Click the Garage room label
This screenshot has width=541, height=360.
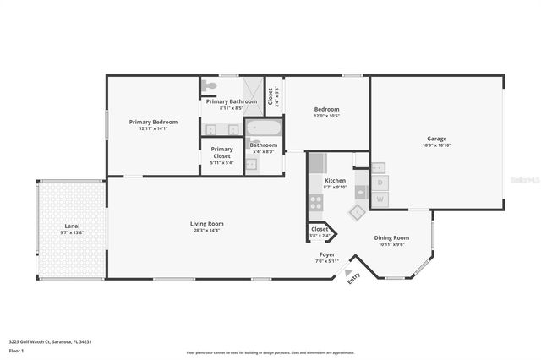pos(436,139)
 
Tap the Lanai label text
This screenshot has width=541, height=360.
pos(72,226)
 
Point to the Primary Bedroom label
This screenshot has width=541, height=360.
pos(153,123)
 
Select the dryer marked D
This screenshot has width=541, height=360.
pos(380,183)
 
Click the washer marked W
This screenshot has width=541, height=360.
pos(380,199)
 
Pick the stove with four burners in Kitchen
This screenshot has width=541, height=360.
pos(316,202)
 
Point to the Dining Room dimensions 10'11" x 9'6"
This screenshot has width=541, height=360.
pos(391,244)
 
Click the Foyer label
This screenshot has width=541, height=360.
pos(327,254)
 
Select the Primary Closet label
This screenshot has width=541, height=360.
pos(221,152)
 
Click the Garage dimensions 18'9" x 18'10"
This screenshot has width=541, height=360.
pos(436,145)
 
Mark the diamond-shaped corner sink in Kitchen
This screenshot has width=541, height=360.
pos(358,213)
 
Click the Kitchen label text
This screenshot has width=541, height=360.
pos(335,181)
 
